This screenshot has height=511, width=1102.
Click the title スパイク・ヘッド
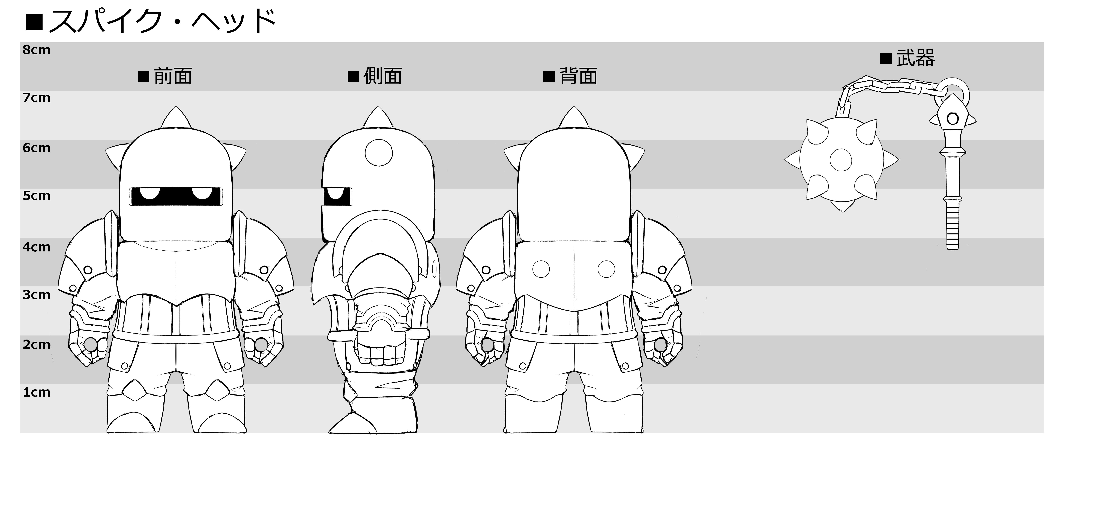163,21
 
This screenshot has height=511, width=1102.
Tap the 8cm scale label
36,50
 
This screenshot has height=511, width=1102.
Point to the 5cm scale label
36,196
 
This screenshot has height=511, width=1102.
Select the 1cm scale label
36,392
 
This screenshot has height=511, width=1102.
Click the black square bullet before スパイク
34,22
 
